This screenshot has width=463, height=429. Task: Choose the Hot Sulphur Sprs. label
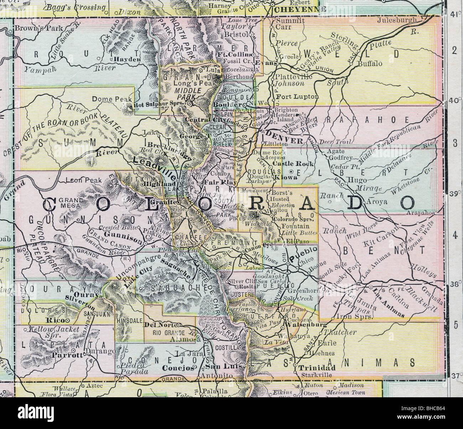(160, 105)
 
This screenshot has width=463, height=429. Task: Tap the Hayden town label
(128, 60)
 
